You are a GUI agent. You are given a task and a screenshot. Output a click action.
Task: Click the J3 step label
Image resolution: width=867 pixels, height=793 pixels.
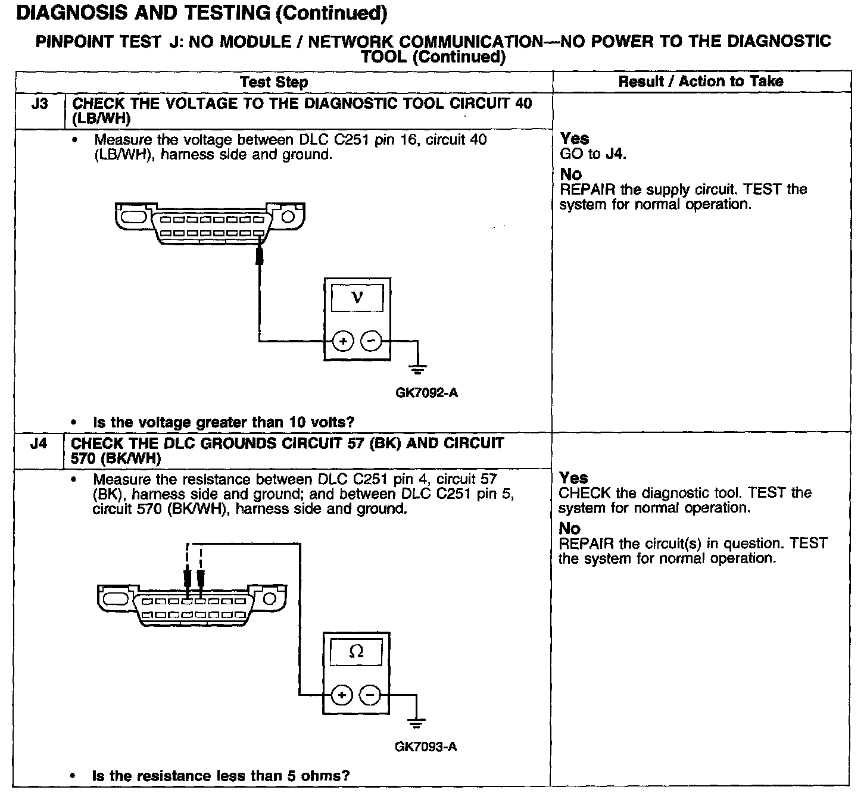click(x=39, y=104)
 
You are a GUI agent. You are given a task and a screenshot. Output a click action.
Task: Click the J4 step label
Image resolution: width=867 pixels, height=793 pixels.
click(x=38, y=444)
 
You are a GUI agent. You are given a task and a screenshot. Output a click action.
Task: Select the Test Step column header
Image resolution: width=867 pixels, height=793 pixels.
click(x=274, y=82)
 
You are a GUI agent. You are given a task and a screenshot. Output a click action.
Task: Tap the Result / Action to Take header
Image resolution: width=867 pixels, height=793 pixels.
click(x=701, y=82)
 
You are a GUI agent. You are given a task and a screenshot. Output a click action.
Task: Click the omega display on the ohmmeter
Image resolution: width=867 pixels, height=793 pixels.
click(x=355, y=652)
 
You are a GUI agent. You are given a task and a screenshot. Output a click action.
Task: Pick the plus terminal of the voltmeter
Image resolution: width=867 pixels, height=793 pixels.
click(x=343, y=341)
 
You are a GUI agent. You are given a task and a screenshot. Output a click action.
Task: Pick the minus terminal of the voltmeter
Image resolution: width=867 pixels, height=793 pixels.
click(x=372, y=341)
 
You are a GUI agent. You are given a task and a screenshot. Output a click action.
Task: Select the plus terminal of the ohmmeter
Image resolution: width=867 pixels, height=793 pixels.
click(x=342, y=695)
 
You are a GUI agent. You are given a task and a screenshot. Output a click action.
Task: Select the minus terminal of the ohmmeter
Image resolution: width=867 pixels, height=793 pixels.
click(x=370, y=695)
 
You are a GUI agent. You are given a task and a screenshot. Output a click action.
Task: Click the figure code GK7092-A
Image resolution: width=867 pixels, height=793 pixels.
click(x=426, y=393)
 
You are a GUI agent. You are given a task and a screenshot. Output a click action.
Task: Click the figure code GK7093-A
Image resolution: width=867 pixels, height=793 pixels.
click(x=426, y=747)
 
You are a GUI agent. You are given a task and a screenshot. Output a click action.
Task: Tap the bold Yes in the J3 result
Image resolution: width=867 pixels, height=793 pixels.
click(x=575, y=139)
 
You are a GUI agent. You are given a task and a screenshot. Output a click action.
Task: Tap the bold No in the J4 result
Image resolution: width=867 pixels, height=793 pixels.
click(x=570, y=529)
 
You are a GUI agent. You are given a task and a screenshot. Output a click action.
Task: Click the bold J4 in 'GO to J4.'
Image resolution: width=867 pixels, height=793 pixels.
click(x=615, y=154)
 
